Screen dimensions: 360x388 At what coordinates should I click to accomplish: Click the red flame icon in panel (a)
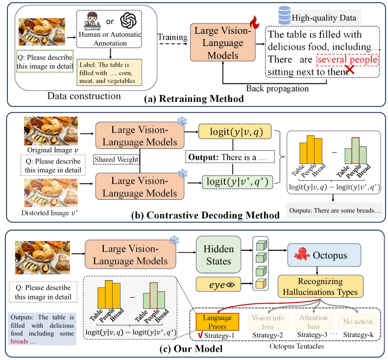[254, 23]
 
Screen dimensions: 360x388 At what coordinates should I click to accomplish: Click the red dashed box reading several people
[348, 60]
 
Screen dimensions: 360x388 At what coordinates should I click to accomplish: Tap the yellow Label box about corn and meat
[109, 72]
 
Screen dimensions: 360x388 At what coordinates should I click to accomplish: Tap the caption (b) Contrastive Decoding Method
[194, 215]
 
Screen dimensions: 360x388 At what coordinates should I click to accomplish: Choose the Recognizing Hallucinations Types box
[321, 288]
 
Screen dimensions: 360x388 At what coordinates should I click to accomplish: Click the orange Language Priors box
[217, 322]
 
